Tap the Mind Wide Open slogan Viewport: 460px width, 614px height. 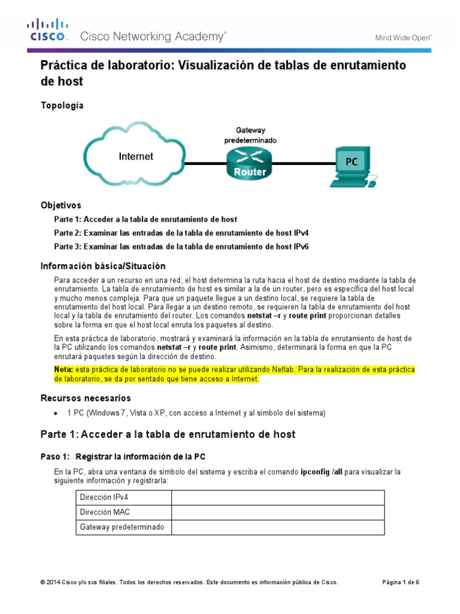pos(403,37)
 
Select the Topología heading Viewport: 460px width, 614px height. pos(62,106)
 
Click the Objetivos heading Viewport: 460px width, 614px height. pos(60,205)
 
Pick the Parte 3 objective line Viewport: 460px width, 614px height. pos(181,246)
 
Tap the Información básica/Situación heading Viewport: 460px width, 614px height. pos(102,266)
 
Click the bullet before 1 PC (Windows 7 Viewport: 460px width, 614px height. pos(56,413)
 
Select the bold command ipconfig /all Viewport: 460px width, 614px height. pos(322,471)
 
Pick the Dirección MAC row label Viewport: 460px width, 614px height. pos(104,512)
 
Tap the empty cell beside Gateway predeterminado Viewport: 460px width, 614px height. pos(278,527)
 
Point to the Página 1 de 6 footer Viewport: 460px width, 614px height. pos(401,582)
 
